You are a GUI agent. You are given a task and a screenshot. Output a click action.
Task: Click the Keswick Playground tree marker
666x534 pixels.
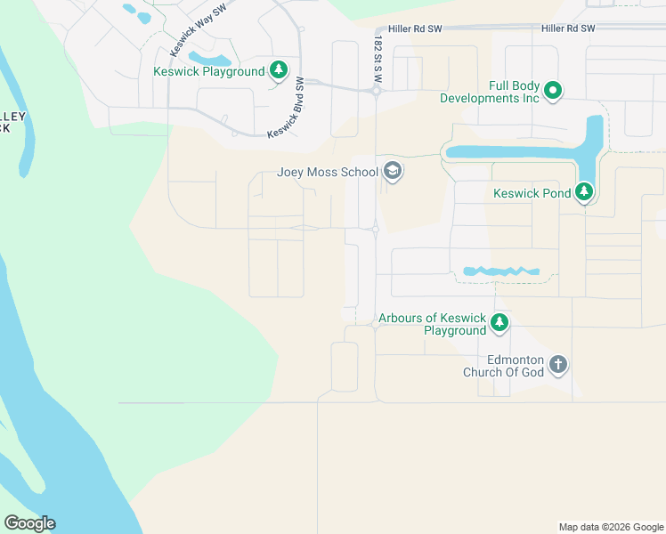(x=279, y=70)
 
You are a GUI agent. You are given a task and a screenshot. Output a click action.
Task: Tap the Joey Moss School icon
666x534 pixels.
(x=392, y=172)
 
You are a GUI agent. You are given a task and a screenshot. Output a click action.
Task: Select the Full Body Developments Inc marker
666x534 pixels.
(x=553, y=89)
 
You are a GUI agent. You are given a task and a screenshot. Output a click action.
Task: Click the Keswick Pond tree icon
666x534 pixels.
(x=584, y=192)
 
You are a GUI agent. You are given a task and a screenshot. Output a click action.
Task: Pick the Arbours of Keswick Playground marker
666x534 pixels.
(x=500, y=323)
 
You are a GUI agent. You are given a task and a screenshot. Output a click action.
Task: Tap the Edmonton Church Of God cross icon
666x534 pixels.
(x=558, y=364)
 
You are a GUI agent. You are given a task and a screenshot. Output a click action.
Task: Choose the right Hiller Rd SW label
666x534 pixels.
(x=567, y=29)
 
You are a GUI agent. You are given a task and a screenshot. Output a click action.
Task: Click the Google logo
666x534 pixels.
(x=29, y=523)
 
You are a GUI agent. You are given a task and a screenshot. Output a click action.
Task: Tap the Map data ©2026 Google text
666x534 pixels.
(x=611, y=527)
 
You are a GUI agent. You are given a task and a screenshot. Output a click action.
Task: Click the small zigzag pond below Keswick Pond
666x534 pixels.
(x=501, y=271)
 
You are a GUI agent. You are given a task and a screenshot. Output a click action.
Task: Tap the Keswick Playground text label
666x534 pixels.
(x=209, y=71)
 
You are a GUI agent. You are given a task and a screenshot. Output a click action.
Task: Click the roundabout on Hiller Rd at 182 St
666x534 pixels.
(x=377, y=91)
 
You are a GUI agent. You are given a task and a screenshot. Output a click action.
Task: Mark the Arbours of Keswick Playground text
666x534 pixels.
(x=432, y=324)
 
